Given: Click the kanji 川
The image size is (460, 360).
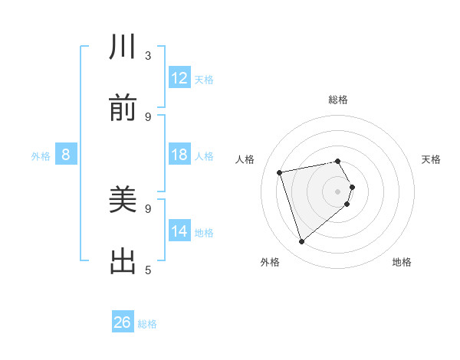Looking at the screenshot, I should (123, 47).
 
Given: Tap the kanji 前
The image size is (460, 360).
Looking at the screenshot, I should (123, 109).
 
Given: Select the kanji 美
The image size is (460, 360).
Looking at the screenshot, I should (123, 201).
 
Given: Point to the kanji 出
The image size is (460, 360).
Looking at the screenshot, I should (123, 262).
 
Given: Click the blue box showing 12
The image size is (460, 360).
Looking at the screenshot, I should (179, 78).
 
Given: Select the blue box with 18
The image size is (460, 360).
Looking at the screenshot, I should (179, 155).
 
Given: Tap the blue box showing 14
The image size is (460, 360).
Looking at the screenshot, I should (179, 231).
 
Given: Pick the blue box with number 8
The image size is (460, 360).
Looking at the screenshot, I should (66, 155).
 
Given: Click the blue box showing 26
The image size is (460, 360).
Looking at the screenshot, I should (123, 322).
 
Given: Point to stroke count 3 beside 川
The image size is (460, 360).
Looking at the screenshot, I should (148, 56).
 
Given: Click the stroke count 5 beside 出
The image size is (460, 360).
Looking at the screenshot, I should (148, 270).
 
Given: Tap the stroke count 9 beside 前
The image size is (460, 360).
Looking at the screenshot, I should (148, 116).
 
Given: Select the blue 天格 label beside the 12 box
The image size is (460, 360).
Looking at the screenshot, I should (204, 80).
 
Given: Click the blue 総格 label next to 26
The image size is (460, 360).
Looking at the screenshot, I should (147, 324).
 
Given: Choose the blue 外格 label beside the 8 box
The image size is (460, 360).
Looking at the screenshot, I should (41, 156).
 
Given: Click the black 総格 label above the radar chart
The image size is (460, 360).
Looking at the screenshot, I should (338, 100).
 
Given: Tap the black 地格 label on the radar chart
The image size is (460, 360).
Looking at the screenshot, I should (402, 262).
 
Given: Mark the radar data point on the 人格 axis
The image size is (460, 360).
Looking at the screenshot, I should (280, 172).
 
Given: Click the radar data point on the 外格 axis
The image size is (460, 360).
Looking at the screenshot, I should (301, 241).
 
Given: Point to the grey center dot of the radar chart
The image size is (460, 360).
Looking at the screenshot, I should (338, 191).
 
